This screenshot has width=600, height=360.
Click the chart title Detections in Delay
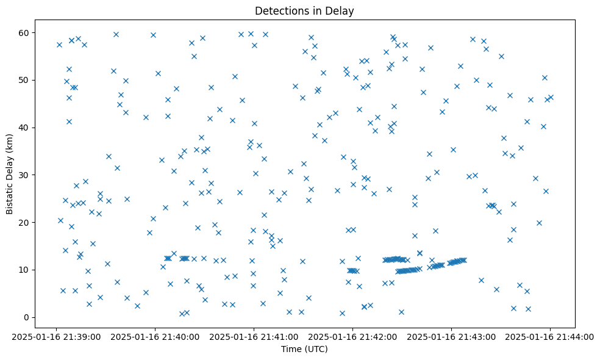coord(304,11)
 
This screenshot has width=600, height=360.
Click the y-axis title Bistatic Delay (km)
coord(10,166)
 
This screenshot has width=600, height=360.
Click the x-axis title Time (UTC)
coord(304,349)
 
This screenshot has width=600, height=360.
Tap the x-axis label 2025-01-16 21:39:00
coord(55,336)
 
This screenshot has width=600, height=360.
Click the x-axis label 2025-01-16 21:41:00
coord(254,336)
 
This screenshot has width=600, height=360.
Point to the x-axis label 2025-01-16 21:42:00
coord(352,336)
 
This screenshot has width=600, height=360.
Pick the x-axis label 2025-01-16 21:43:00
coord(451,336)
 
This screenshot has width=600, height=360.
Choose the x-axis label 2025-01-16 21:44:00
coord(550,336)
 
